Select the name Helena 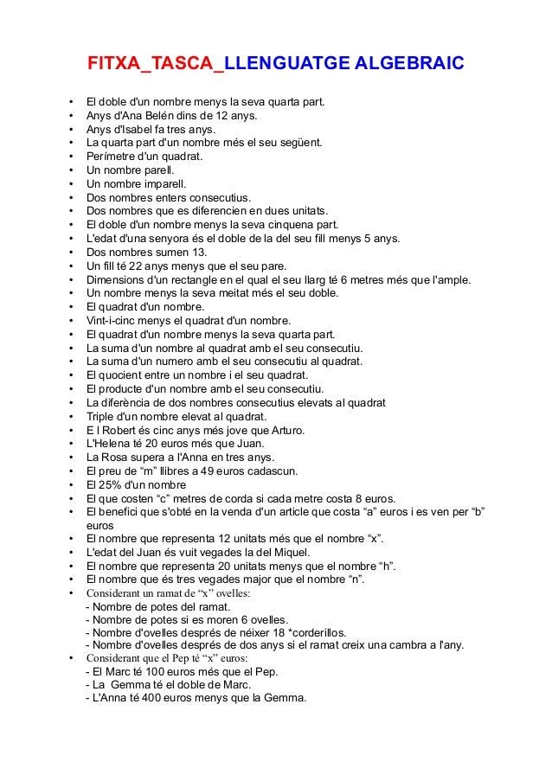coord(110,443)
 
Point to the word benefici coord(125,511)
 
